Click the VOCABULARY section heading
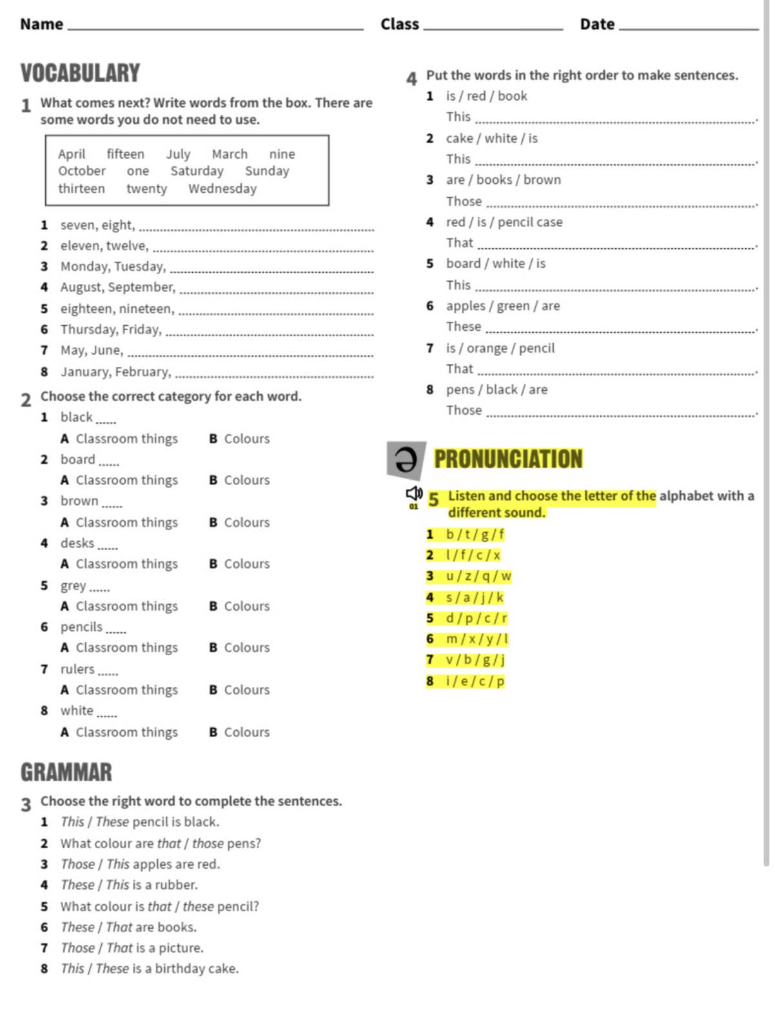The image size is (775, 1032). click(x=80, y=73)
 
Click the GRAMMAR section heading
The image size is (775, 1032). click(x=66, y=772)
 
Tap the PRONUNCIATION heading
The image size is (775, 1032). click(x=508, y=459)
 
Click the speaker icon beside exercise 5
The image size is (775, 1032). click(x=414, y=494)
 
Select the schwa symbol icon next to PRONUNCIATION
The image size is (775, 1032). click(x=406, y=460)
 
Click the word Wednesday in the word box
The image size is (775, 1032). click(x=222, y=188)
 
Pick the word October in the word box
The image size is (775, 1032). click(x=82, y=171)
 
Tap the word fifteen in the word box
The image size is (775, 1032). click(x=126, y=154)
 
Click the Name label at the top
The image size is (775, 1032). click(x=41, y=25)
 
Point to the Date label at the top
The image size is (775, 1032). click(x=597, y=25)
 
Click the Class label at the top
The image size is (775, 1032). click(x=400, y=25)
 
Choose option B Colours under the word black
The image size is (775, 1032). click(x=239, y=439)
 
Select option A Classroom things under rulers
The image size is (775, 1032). click(x=119, y=690)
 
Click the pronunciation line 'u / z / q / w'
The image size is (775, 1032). click(x=478, y=576)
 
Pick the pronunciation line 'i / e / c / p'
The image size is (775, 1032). click(x=475, y=681)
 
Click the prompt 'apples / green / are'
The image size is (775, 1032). click(x=503, y=306)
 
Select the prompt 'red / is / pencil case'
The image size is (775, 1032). click(x=504, y=222)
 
